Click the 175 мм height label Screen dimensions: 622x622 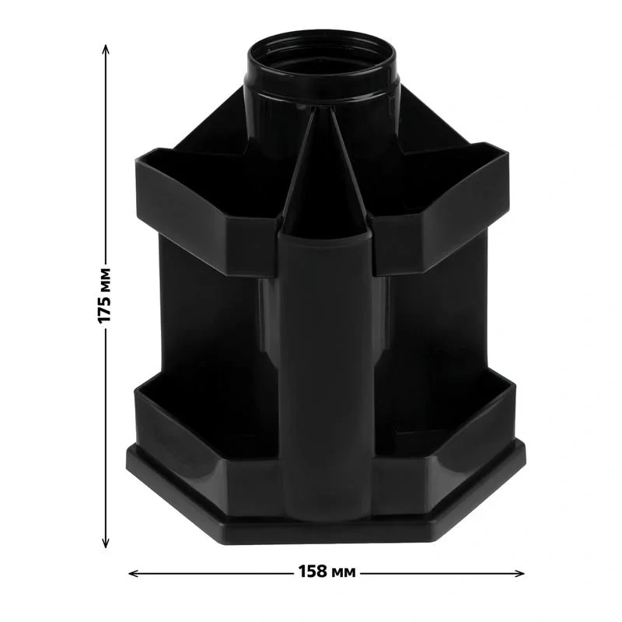104,296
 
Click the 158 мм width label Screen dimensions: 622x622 327,571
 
